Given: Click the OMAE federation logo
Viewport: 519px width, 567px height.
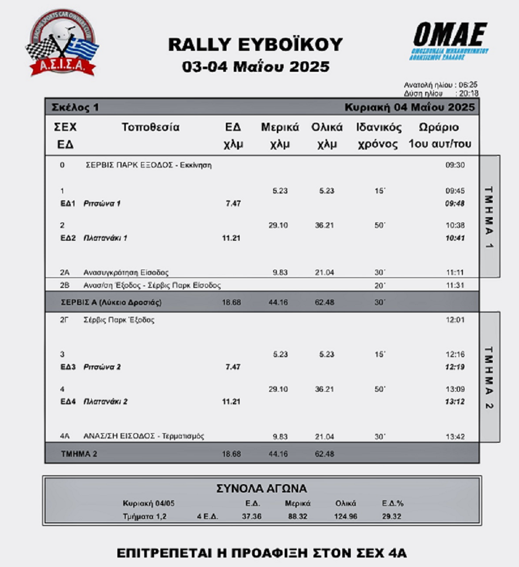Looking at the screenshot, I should (x=450, y=41).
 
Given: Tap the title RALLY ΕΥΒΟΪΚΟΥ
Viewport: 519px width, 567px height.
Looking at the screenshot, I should (x=255, y=45).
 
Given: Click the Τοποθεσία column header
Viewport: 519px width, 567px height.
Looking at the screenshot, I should (x=150, y=127).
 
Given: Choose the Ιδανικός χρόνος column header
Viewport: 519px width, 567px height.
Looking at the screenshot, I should (x=379, y=136).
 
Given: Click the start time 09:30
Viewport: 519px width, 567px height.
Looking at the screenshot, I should (x=455, y=165).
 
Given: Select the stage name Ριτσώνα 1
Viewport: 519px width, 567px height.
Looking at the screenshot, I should (x=102, y=204).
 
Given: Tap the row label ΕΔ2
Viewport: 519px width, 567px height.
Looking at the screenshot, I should (x=68, y=238).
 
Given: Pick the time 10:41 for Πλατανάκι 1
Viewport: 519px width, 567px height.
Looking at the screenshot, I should (x=455, y=238).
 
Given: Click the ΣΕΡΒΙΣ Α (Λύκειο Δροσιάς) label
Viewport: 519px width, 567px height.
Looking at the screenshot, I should (x=111, y=303).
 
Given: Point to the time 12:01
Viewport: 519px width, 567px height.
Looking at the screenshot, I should (x=455, y=320).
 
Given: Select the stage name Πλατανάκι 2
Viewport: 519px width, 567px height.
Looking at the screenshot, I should (x=105, y=402).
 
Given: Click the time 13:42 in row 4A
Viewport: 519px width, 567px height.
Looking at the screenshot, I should (x=455, y=436).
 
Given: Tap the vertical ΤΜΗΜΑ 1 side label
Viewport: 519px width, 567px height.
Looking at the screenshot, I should (x=488, y=217).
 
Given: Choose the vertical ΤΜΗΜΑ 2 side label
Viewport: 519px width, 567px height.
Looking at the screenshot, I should (x=488, y=377).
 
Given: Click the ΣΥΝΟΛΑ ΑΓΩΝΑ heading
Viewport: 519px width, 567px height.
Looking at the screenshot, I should (x=262, y=489).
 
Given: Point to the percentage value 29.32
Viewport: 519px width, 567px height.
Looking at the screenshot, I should (x=392, y=517).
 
